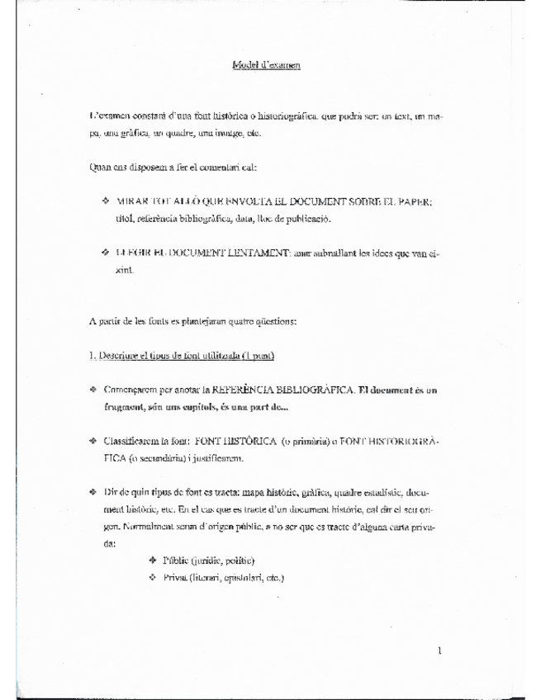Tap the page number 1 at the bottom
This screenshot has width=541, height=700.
coord(440,650)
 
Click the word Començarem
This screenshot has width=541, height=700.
coord(134,388)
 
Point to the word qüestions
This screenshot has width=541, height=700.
coord(283,319)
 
